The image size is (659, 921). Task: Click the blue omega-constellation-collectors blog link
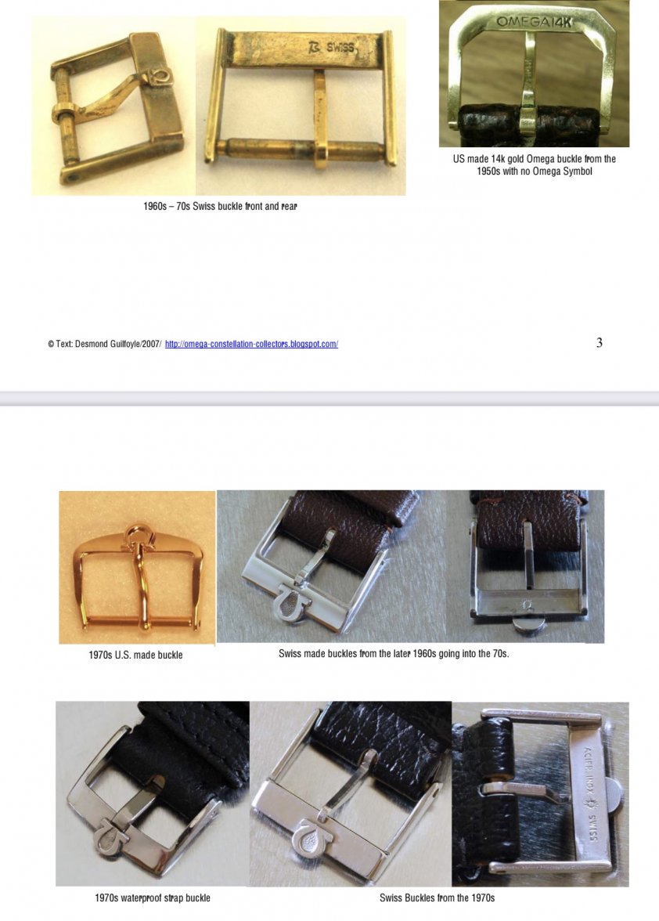251,345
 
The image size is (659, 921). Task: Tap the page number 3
600,343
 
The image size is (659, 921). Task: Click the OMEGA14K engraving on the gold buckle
533,22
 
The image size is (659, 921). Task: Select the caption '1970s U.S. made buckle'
135,655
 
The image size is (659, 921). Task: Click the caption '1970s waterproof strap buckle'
153,898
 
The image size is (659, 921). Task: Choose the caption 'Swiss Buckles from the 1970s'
437,898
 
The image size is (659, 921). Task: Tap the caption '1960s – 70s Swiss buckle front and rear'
220,207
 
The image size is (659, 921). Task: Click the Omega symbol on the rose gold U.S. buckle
137,534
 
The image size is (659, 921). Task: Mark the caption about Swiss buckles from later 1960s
394,654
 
